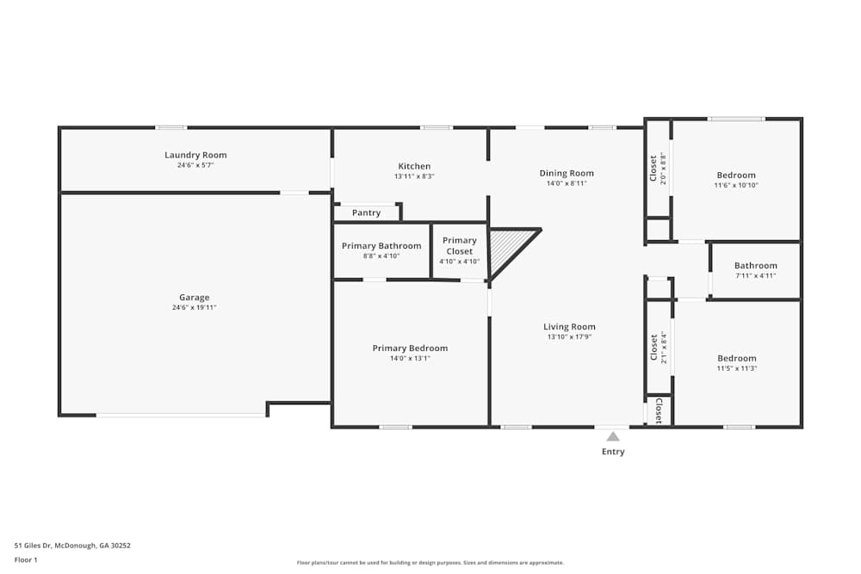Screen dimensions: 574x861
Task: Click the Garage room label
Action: (x=195, y=298)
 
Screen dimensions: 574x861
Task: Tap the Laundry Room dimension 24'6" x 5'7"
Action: (x=195, y=165)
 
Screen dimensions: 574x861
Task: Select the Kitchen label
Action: (x=414, y=166)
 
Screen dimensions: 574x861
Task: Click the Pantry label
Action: (x=366, y=213)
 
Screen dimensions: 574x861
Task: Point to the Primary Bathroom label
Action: (x=381, y=246)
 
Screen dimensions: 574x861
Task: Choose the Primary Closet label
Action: (x=460, y=246)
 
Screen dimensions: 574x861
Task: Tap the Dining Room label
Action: (x=567, y=173)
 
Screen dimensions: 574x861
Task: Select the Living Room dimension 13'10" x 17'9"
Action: (x=569, y=337)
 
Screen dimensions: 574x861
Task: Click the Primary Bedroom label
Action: (x=410, y=348)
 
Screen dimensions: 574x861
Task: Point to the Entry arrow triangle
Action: (x=613, y=436)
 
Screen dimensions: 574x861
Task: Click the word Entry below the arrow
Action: (x=613, y=452)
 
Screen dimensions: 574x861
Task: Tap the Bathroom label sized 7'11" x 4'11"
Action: (x=755, y=266)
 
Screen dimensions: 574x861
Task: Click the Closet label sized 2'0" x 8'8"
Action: (x=653, y=168)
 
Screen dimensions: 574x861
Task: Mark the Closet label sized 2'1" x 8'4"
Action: (x=653, y=348)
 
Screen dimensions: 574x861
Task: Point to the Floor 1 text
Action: (x=26, y=559)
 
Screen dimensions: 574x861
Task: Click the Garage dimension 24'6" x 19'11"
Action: (x=195, y=307)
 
